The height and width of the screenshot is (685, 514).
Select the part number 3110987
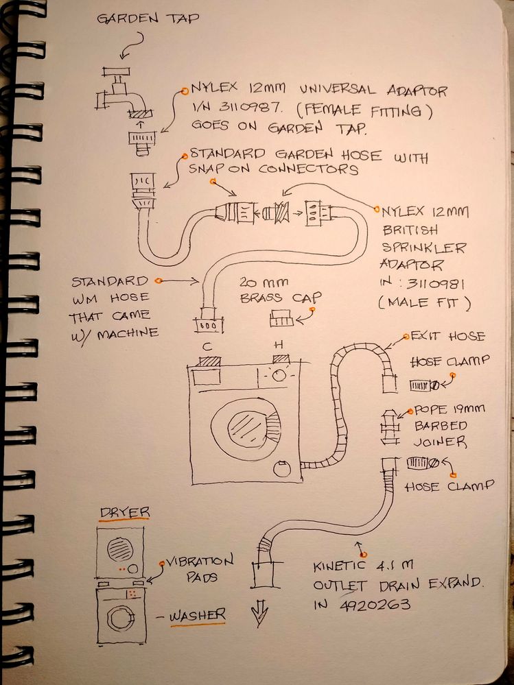coord(252,109)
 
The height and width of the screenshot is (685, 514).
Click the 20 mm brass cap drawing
coord(281,318)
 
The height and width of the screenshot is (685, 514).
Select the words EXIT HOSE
coord(447,337)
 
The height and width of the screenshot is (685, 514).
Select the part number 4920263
coord(375,605)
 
